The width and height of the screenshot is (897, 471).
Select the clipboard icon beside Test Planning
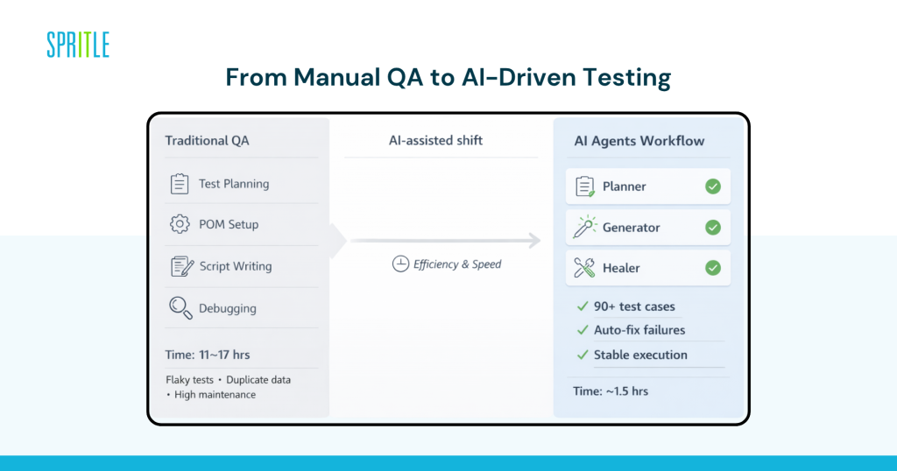point(180,184)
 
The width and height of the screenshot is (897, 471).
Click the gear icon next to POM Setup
point(180,224)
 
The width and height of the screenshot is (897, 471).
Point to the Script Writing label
point(235,266)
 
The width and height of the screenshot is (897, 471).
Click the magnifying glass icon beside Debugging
point(180,308)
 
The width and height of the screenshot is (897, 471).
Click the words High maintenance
point(215,395)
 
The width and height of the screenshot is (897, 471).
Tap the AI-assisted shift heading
point(435,140)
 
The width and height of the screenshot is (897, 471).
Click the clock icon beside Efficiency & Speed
point(400,264)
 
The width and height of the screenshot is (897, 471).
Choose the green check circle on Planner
point(713,186)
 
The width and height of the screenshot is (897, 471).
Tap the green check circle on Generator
point(713,228)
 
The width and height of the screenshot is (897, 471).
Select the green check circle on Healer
point(713,268)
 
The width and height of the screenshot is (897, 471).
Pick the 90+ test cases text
point(634,306)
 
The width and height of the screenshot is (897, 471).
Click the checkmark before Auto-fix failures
point(582,330)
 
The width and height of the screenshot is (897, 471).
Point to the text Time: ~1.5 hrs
point(611,390)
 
